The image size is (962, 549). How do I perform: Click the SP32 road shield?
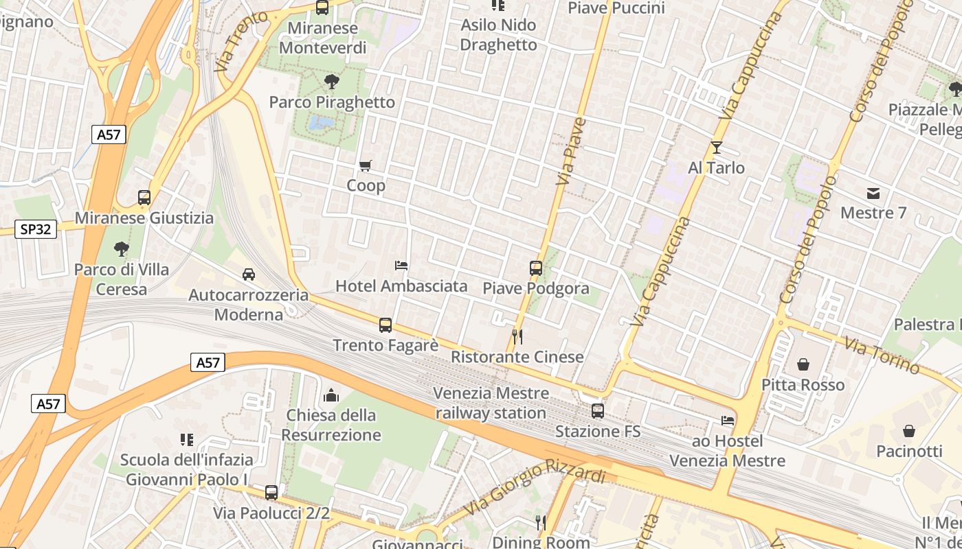pos(35,229)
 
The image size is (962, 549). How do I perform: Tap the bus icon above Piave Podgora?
pos(536,268)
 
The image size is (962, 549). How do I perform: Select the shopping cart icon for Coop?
pos(366,165)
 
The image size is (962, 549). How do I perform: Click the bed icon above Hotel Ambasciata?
pos(401,265)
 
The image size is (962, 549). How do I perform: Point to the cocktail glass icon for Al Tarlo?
pos(717,147)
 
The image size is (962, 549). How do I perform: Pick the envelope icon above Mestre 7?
pos(873,193)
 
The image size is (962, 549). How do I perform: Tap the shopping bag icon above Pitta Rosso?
pos(803,364)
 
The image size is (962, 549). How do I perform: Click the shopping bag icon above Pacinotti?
pos(909,431)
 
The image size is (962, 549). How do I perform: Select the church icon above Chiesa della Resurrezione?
pos(331,395)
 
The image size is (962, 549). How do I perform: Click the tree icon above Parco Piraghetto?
pos(332,82)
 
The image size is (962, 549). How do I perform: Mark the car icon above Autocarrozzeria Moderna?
pos(249,274)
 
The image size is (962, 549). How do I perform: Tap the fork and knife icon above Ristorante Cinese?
pos(517,336)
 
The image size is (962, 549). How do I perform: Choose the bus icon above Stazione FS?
pos(598,411)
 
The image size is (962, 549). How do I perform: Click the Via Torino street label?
pos(882,355)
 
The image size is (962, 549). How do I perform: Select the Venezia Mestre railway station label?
pos(491,404)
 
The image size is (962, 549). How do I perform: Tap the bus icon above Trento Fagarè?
pos(385,325)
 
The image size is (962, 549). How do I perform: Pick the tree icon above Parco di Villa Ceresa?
pos(122,248)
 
